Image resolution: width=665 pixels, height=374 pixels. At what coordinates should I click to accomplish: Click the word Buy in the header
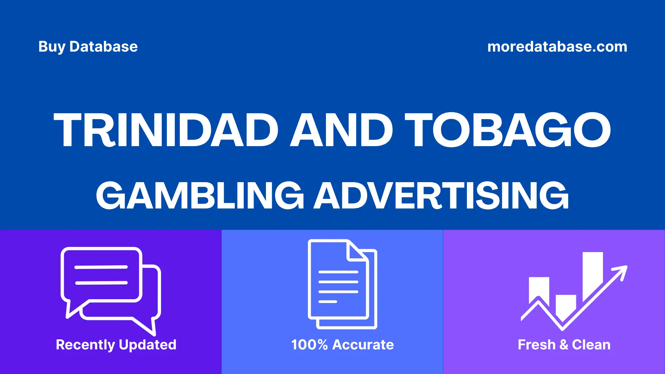[52, 47]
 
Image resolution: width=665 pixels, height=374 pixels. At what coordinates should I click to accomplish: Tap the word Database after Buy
[104, 47]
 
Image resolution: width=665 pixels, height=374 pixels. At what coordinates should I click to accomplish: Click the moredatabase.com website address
[557, 47]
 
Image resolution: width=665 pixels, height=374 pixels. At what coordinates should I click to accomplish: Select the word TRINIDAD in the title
[166, 130]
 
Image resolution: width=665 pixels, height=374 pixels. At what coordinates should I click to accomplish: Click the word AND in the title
[342, 130]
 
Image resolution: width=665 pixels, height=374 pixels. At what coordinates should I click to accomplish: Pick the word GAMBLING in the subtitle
[200, 196]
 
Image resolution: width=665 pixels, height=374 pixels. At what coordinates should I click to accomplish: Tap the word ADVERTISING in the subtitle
[441, 196]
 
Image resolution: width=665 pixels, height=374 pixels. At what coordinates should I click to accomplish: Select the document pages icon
[342, 284]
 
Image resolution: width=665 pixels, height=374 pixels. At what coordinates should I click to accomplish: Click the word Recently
[85, 345]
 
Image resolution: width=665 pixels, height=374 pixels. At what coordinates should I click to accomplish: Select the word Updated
[148, 345]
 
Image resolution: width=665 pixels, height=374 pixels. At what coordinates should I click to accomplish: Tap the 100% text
[309, 345]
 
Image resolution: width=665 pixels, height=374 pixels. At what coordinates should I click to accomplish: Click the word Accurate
[363, 345]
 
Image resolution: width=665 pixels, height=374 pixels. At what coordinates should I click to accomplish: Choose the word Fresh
[537, 345]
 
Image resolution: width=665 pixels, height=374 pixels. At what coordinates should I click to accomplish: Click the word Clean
[591, 345]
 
